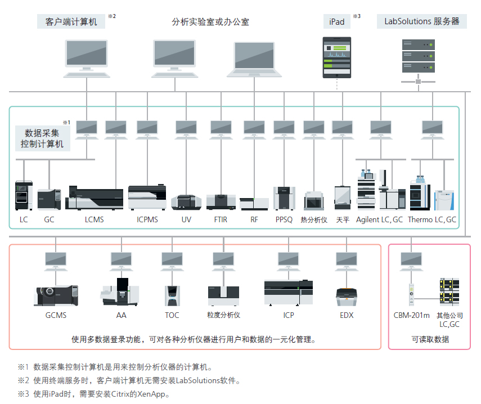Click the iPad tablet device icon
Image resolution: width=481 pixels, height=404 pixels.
(336, 57)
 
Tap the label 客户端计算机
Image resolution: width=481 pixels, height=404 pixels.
(71, 22)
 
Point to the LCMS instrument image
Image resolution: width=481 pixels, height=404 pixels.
(95, 197)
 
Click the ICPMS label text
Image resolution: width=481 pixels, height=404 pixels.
(147, 219)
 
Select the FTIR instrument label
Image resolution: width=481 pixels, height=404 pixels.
(221, 219)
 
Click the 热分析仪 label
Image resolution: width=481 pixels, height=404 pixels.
(314, 219)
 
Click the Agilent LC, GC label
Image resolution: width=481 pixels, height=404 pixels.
(380, 219)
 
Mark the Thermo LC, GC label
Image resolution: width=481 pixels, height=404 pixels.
(432, 219)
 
